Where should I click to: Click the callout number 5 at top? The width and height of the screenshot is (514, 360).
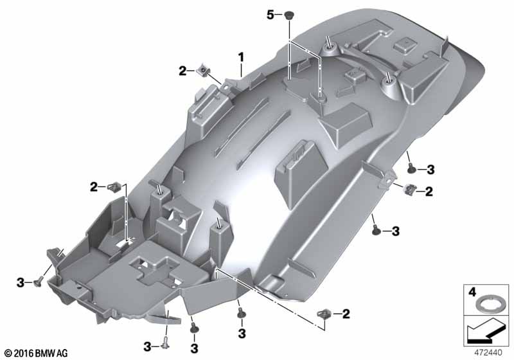pos(270,15)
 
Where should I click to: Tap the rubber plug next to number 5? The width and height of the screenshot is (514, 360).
pos(288,15)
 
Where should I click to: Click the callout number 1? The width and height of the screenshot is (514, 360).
pos(242,58)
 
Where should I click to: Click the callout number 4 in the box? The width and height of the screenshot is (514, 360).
pos(472,291)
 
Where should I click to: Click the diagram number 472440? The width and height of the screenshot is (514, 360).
pos(488,353)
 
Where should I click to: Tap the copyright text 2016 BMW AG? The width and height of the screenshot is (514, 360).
pos(37,354)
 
